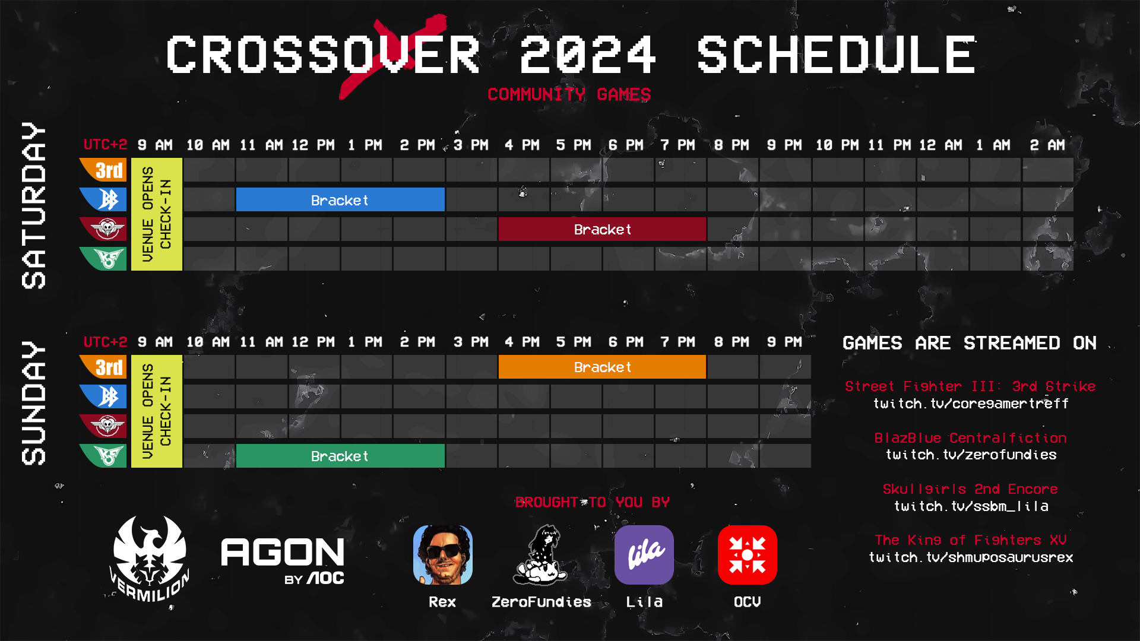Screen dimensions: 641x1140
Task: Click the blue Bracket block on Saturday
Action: (x=340, y=200)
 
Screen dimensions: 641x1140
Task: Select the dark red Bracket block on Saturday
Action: (x=602, y=229)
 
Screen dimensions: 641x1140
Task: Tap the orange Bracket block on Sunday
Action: (x=602, y=367)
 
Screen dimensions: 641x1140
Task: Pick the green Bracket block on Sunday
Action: (x=340, y=456)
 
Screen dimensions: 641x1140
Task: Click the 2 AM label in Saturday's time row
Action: (x=1047, y=145)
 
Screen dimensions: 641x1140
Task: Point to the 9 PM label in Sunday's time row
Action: (x=784, y=342)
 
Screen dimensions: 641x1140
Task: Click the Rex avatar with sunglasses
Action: (x=443, y=555)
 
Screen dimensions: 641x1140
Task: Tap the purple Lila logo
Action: (x=644, y=555)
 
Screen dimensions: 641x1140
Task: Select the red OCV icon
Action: (x=748, y=555)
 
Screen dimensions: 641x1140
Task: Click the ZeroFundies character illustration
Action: (x=541, y=555)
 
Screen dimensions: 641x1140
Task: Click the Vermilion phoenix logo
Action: (x=150, y=558)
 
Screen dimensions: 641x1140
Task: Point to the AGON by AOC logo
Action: (x=283, y=559)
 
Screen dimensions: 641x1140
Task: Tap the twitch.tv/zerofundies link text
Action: (x=971, y=455)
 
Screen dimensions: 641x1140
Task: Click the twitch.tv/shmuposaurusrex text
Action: (x=971, y=557)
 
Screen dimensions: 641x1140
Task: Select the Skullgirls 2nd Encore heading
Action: (x=971, y=489)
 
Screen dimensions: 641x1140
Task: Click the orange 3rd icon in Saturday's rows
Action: (x=104, y=170)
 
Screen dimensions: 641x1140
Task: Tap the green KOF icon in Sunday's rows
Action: (x=104, y=456)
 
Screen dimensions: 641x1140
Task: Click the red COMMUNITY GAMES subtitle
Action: (x=569, y=94)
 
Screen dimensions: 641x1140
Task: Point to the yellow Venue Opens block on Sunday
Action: (x=157, y=411)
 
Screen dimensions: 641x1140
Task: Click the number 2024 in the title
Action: (x=588, y=55)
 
